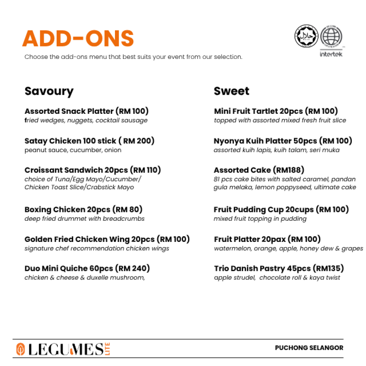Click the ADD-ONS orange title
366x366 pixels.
pos(78,38)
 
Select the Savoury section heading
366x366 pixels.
pos(49,91)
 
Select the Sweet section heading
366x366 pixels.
pos(231,91)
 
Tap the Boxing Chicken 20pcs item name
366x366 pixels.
pos(67,210)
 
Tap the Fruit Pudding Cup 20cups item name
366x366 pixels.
pos(264,210)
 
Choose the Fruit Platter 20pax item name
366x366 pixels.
pos(249,239)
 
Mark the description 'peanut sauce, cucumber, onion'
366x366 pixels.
pos(73,150)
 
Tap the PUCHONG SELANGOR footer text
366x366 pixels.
pos(309,348)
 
